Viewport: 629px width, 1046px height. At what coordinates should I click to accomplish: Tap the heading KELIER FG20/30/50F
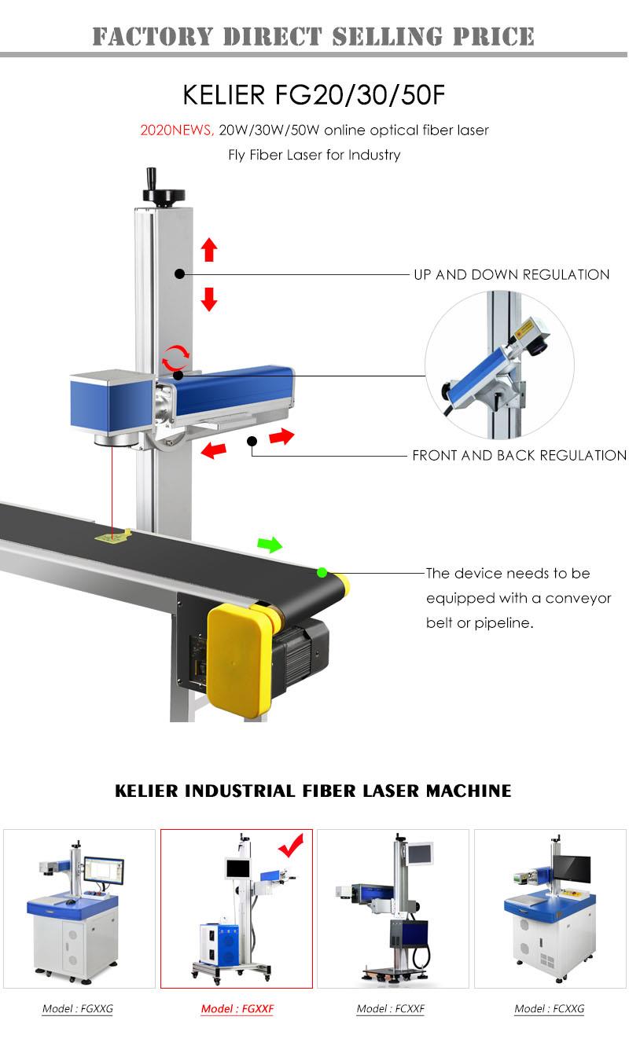[314, 94]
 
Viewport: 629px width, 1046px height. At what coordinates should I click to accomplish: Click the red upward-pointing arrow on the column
[208, 249]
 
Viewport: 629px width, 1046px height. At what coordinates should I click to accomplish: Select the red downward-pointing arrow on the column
[208, 299]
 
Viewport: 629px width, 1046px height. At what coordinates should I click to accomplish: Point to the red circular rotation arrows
[175, 358]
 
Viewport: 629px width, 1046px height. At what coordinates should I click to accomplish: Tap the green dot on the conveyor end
[322, 572]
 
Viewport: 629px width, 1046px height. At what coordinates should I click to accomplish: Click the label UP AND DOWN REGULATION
[511, 274]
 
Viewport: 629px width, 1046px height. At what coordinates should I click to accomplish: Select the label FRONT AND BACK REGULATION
[519, 455]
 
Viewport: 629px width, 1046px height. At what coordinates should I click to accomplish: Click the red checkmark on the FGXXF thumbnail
[291, 848]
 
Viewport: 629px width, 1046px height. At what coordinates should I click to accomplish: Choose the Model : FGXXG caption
[77, 1008]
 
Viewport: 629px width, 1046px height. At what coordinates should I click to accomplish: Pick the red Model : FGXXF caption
[237, 1008]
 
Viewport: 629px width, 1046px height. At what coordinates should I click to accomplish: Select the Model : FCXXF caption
[390, 1008]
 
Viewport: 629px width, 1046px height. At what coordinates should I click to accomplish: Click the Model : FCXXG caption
[549, 1008]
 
